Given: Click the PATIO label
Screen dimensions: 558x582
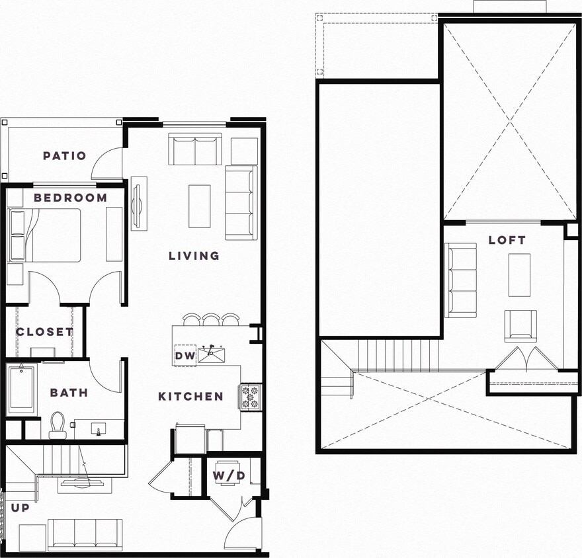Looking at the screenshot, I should [x=64, y=156].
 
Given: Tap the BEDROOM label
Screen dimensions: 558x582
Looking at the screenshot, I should [x=70, y=198].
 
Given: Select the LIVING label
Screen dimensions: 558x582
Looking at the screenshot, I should [x=194, y=256].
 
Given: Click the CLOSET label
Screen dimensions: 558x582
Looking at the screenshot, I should [x=44, y=332].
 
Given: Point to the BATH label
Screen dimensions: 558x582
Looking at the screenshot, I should [x=69, y=393].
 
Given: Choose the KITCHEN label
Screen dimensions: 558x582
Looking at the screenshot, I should [x=190, y=397].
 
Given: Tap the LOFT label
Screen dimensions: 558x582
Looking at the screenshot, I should [x=507, y=240].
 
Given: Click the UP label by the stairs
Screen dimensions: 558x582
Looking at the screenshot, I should [x=20, y=508].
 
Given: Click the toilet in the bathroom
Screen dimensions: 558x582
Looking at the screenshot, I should [x=58, y=424].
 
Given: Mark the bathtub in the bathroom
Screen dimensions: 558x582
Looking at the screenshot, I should [x=21, y=389].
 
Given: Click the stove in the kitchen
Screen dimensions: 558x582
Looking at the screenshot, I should [x=251, y=397].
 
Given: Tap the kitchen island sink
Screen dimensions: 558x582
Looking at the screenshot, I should [x=211, y=354].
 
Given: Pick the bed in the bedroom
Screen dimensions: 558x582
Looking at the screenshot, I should [x=45, y=236].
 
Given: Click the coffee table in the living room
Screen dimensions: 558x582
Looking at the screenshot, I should [x=199, y=206].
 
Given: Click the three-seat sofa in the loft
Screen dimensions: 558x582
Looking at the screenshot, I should [x=461, y=280].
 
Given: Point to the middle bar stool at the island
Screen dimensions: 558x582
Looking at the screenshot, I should [x=211, y=320].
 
